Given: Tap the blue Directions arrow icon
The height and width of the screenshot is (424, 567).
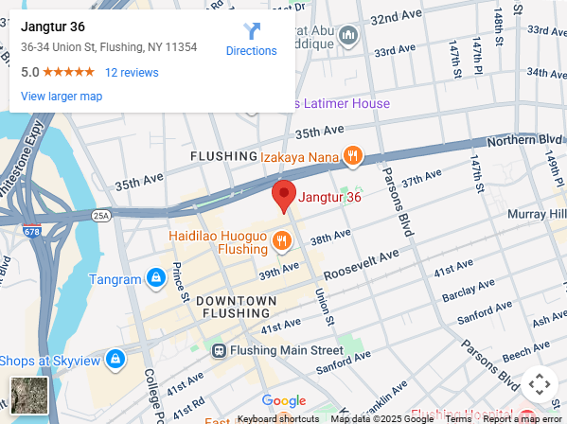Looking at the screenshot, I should [252, 31].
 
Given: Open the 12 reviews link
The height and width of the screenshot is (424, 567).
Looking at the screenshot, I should [132, 72].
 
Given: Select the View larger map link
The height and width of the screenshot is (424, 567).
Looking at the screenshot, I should [62, 96].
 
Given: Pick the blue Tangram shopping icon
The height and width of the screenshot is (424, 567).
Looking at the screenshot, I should [154, 279].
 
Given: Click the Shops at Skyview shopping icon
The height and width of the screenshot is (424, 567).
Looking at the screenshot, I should [115, 360].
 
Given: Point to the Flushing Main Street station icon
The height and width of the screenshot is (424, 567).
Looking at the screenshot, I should [219, 350].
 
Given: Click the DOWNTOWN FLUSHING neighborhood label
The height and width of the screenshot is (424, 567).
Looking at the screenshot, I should [237, 307].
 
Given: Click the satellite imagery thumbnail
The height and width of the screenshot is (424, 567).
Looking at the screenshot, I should [27, 395].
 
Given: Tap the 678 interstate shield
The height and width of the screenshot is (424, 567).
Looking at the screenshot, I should [33, 231].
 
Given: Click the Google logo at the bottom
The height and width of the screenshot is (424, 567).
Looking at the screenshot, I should [284, 401].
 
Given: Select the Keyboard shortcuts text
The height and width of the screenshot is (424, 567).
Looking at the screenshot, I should [278, 418].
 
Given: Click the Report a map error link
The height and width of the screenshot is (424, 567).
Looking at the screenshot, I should [523, 418].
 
